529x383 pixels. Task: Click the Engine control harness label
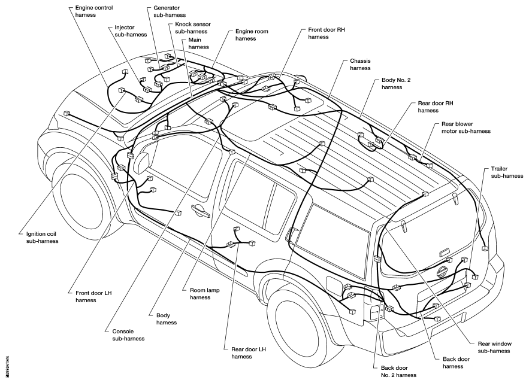tap(94, 11)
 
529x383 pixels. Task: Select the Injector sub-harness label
tap(131, 31)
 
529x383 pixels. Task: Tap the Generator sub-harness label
tap(170, 11)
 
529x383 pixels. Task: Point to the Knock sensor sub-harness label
tap(193, 28)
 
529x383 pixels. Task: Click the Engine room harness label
tap(252, 35)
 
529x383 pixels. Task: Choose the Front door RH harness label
tap(327, 33)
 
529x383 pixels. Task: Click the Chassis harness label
tap(360, 65)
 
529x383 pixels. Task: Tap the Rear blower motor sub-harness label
tap(466, 127)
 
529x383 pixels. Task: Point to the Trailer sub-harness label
tap(507, 172)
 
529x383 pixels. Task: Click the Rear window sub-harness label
tap(495, 347)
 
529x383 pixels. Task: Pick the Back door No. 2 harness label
tap(398, 372)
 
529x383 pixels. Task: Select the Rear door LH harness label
tap(248, 353)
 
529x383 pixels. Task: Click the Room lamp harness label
tap(204, 294)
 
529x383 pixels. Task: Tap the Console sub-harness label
tap(128, 335)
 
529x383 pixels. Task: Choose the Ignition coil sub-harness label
tap(42, 238)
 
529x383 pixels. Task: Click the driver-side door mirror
tap(142, 163)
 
